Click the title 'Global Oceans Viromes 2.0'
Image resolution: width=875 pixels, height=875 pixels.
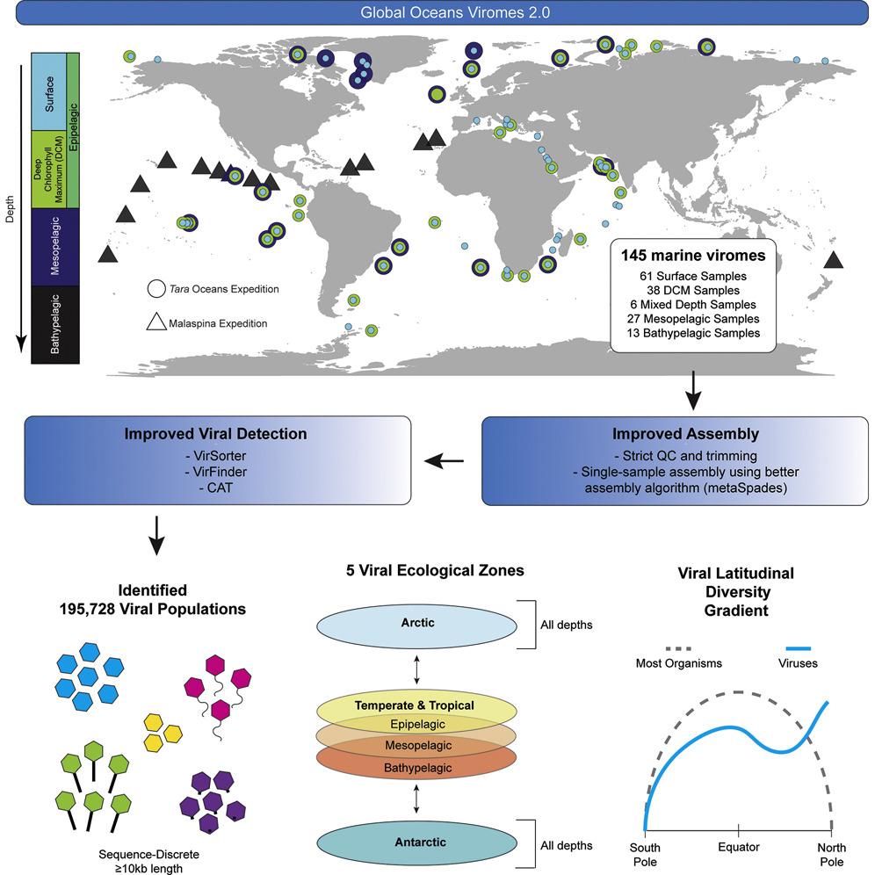(437, 14)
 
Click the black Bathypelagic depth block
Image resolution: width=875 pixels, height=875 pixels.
(55, 324)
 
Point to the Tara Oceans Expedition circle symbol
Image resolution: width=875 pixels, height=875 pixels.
(155, 288)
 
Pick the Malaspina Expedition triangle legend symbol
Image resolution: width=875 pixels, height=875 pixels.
(155, 322)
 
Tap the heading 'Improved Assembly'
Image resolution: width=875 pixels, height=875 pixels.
(675, 433)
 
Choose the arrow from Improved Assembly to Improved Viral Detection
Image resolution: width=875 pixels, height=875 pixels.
(448, 460)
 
